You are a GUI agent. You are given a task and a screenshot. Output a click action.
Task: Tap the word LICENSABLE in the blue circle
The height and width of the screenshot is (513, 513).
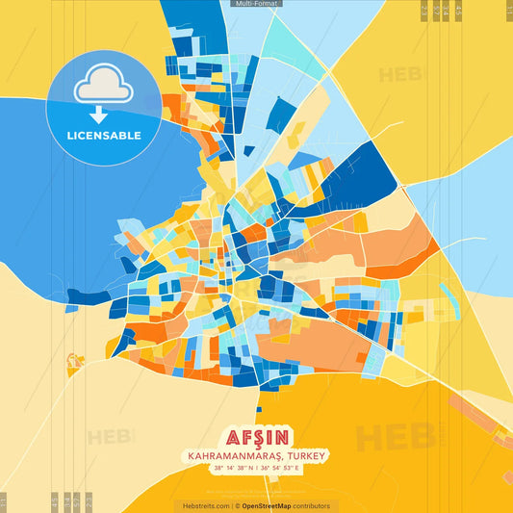(104, 136)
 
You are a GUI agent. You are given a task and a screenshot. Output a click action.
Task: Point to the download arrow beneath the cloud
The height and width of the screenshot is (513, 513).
(104, 115)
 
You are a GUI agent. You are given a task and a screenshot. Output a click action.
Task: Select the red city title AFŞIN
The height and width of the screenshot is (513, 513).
(256, 436)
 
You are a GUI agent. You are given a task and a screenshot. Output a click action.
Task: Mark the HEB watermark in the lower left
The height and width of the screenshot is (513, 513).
(111, 437)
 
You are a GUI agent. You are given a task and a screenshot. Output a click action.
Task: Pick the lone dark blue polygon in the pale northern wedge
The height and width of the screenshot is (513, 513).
(279, 114)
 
